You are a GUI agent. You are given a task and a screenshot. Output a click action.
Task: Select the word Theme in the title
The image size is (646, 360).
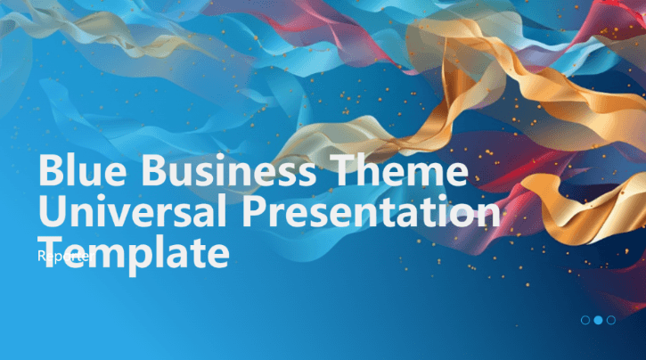(x=397, y=171)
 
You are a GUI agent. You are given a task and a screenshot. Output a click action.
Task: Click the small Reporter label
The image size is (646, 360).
(x=63, y=256)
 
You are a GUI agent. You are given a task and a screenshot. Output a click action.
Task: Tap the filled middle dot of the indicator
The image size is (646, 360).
(x=598, y=319)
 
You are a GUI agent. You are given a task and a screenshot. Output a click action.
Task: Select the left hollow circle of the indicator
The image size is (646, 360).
(x=585, y=319)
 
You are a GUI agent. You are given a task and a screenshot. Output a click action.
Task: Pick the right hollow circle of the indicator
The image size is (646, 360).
(x=610, y=319)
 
